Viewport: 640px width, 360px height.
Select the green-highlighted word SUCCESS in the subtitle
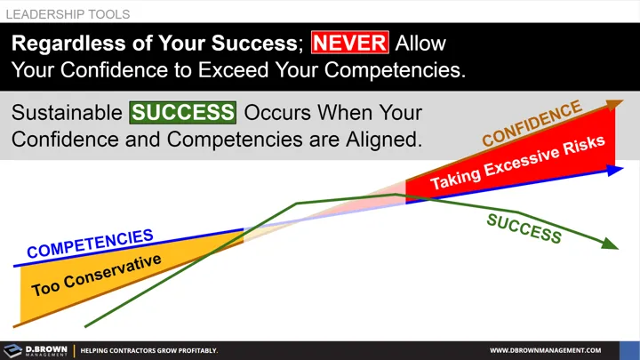(x=182, y=114)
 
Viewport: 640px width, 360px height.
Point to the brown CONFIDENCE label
(x=532, y=124)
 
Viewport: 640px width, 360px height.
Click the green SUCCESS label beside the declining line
(x=524, y=228)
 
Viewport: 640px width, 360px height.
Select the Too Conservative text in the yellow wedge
(x=97, y=276)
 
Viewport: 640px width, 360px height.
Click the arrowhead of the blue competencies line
(x=615, y=169)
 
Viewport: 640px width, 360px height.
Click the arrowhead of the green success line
(x=611, y=245)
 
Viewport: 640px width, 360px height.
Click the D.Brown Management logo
(x=36, y=350)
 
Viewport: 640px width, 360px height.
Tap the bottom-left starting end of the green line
(x=85, y=326)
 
